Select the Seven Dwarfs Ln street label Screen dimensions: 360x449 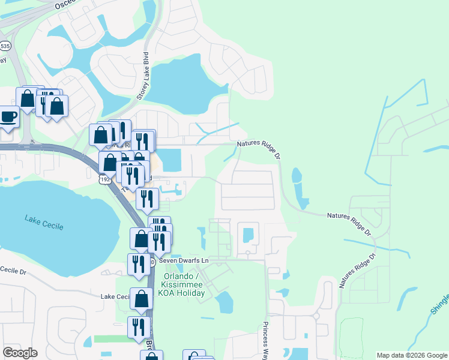tap(183, 261)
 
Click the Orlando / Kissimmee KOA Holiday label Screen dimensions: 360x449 tap(183, 285)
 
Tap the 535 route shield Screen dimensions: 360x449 tap(5, 46)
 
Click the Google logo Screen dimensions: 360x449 tap(20, 353)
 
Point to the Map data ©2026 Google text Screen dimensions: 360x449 tap(411, 355)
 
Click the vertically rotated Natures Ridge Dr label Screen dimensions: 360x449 tap(357, 270)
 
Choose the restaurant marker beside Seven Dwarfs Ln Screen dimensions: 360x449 tap(138, 265)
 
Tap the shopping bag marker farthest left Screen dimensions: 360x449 tap(27, 99)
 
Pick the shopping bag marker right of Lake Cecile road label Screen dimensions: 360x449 tap(142, 300)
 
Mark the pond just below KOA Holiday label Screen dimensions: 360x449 tap(224, 303)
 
